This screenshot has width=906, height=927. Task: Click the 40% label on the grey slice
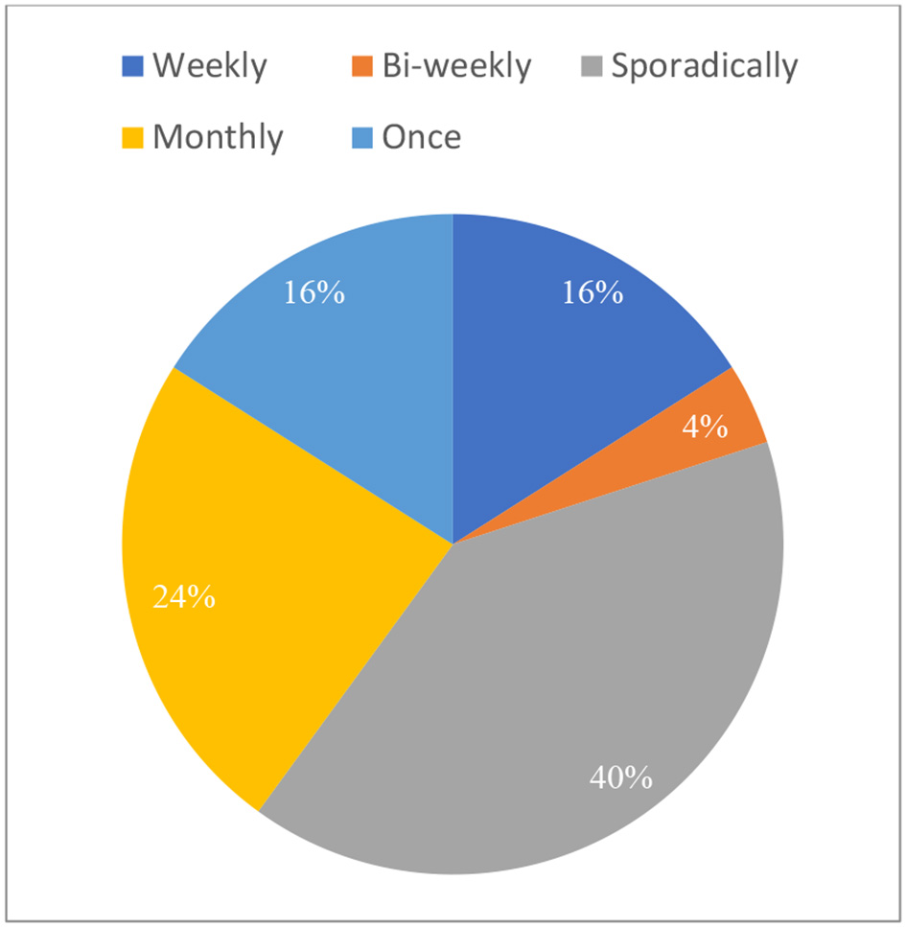620,776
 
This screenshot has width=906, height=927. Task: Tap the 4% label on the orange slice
704,428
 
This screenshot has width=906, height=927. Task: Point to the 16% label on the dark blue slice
592,292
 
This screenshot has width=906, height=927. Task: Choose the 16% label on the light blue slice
314,292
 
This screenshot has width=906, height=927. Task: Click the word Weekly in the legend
210,66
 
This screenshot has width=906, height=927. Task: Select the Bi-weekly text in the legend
456,66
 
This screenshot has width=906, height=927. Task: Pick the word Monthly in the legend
219,137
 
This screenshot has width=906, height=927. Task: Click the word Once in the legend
421,137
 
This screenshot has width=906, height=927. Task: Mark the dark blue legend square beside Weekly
133,67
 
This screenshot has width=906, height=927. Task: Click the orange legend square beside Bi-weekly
362,67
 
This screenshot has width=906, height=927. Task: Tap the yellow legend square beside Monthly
133,138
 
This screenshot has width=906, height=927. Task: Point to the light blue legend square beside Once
362,138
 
